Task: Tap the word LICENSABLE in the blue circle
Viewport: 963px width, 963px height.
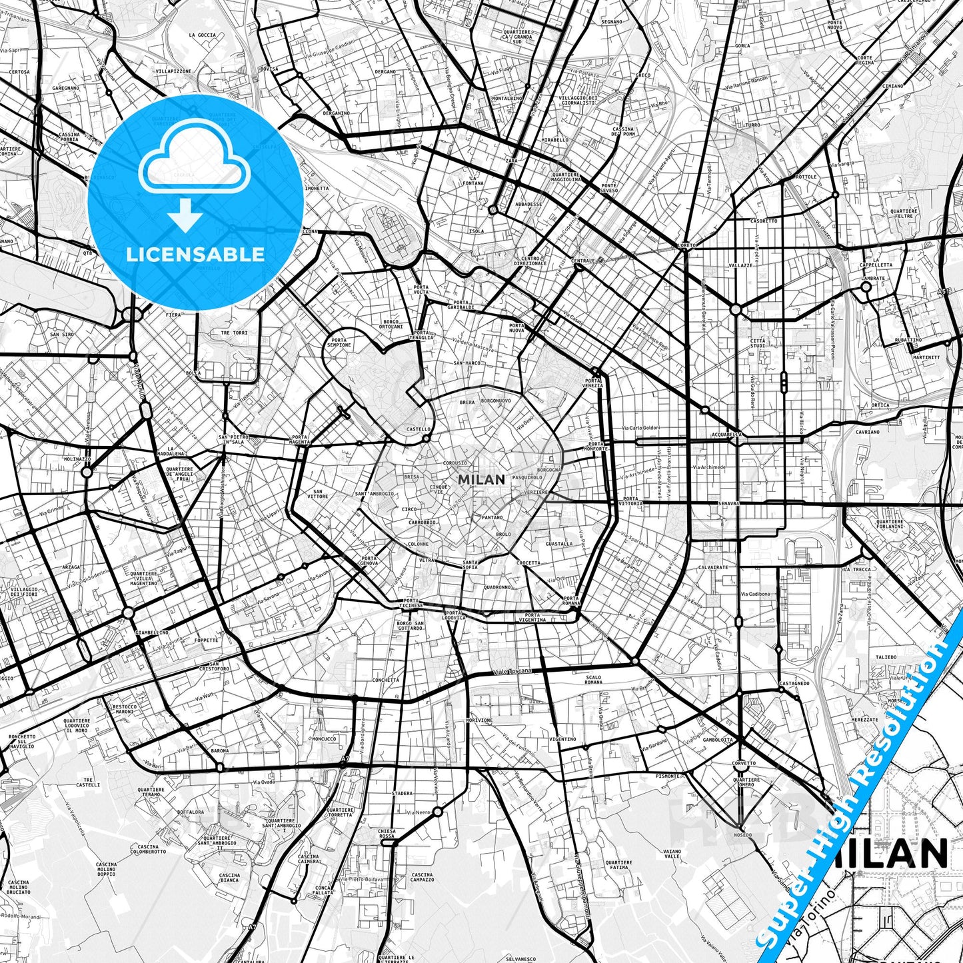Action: pos(195,254)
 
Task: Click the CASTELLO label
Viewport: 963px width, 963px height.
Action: pos(419,429)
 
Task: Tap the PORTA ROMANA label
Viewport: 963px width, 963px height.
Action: pos(570,600)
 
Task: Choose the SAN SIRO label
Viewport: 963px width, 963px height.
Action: pos(62,335)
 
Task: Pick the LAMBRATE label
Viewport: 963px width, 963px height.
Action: pos(872,278)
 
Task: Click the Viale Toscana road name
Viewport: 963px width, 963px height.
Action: pos(512,671)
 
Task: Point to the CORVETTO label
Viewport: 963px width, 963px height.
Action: pos(744,763)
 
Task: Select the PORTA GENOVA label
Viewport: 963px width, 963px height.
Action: pos(369,560)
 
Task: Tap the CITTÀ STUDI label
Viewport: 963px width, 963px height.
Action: pos(758,343)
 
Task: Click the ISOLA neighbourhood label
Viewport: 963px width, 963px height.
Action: pos(476,231)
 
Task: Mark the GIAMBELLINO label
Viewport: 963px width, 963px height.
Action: pos(152,632)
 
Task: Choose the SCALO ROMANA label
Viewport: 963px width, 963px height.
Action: pos(592,680)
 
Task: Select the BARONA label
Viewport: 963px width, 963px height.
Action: pos(219,750)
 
